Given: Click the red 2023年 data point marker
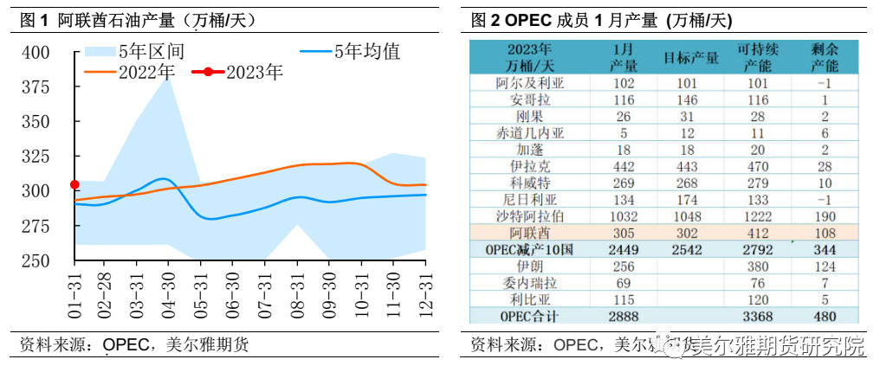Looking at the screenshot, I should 74,184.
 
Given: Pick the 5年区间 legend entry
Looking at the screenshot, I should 151,52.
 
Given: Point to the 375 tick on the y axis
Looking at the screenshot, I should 36,87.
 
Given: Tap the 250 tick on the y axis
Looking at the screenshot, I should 36,260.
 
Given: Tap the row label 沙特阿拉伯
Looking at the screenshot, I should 529,216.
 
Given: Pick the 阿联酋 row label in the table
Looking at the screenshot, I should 529,233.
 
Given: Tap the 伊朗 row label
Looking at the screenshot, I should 529,266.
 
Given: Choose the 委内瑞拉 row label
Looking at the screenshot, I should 529,282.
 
